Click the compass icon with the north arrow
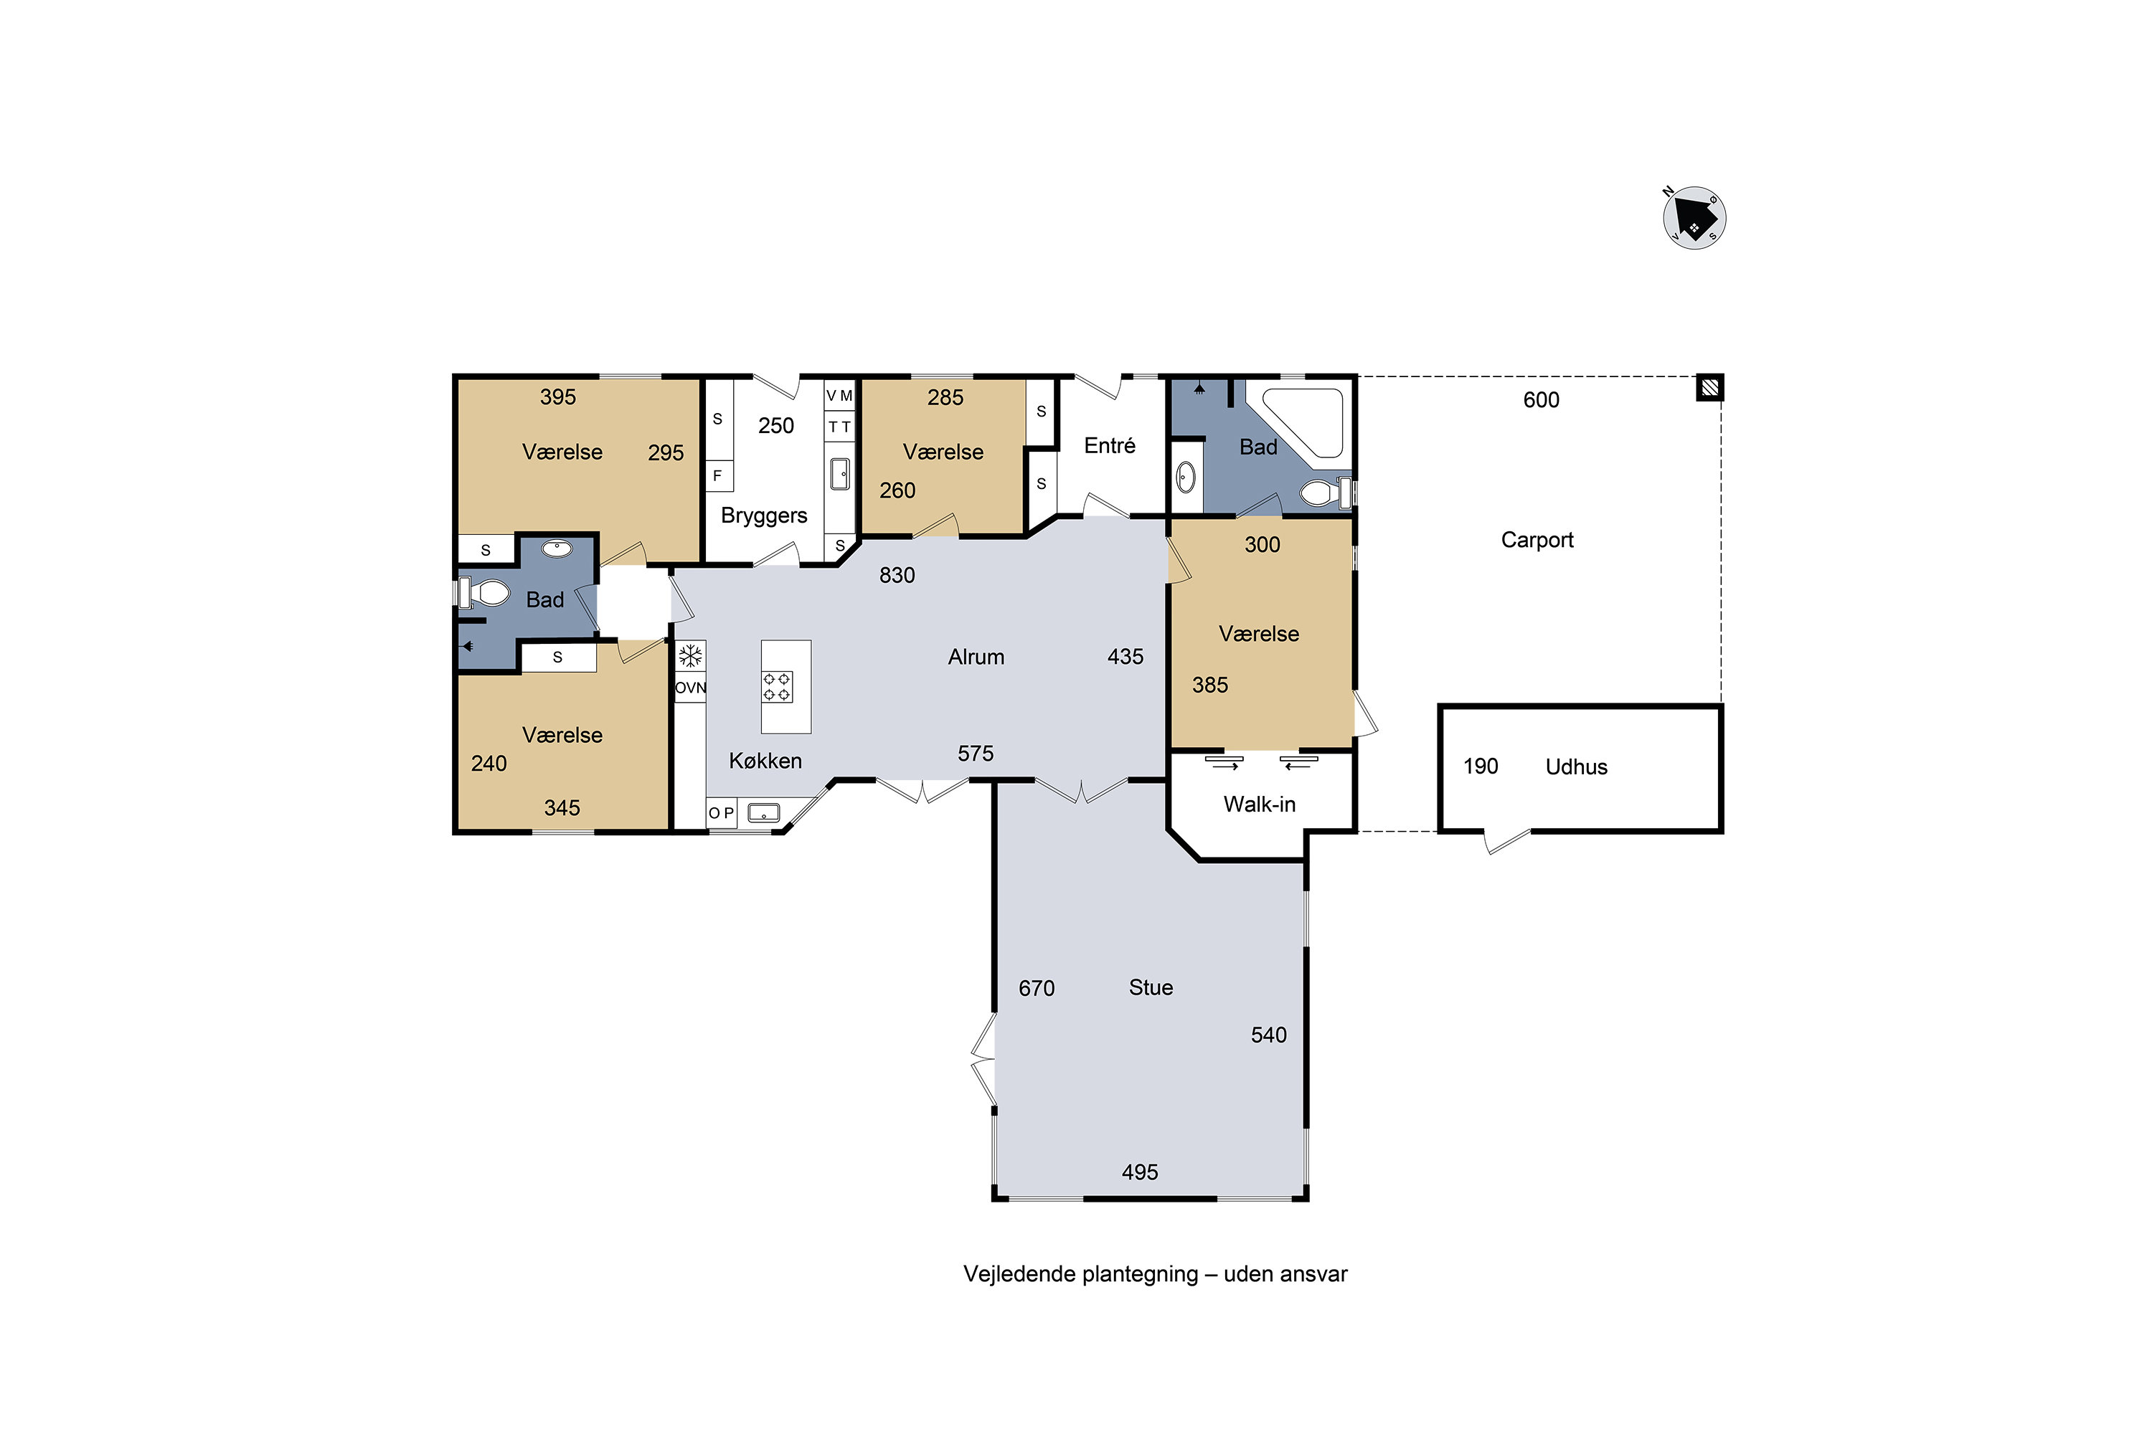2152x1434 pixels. (1694, 218)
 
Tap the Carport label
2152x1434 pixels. (1537, 540)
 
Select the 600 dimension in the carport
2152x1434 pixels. (1541, 399)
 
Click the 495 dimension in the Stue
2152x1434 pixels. (1140, 1172)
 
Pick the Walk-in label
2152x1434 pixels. (1259, 804)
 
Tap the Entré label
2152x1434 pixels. (1110, 445)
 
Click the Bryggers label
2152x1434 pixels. (764, 516)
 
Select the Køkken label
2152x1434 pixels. (765, 760)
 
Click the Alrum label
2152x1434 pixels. (976, 657)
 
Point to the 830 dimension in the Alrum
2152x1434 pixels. (897, 575)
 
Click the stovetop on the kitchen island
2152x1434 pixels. (777, 687)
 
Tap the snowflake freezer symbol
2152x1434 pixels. (690, 656)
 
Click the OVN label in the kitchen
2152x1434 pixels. (691, 688)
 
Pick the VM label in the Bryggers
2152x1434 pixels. (839, 396)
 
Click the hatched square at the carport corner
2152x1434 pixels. (1710, 388)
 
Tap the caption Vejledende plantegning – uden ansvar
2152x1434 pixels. (1155, 1274)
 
